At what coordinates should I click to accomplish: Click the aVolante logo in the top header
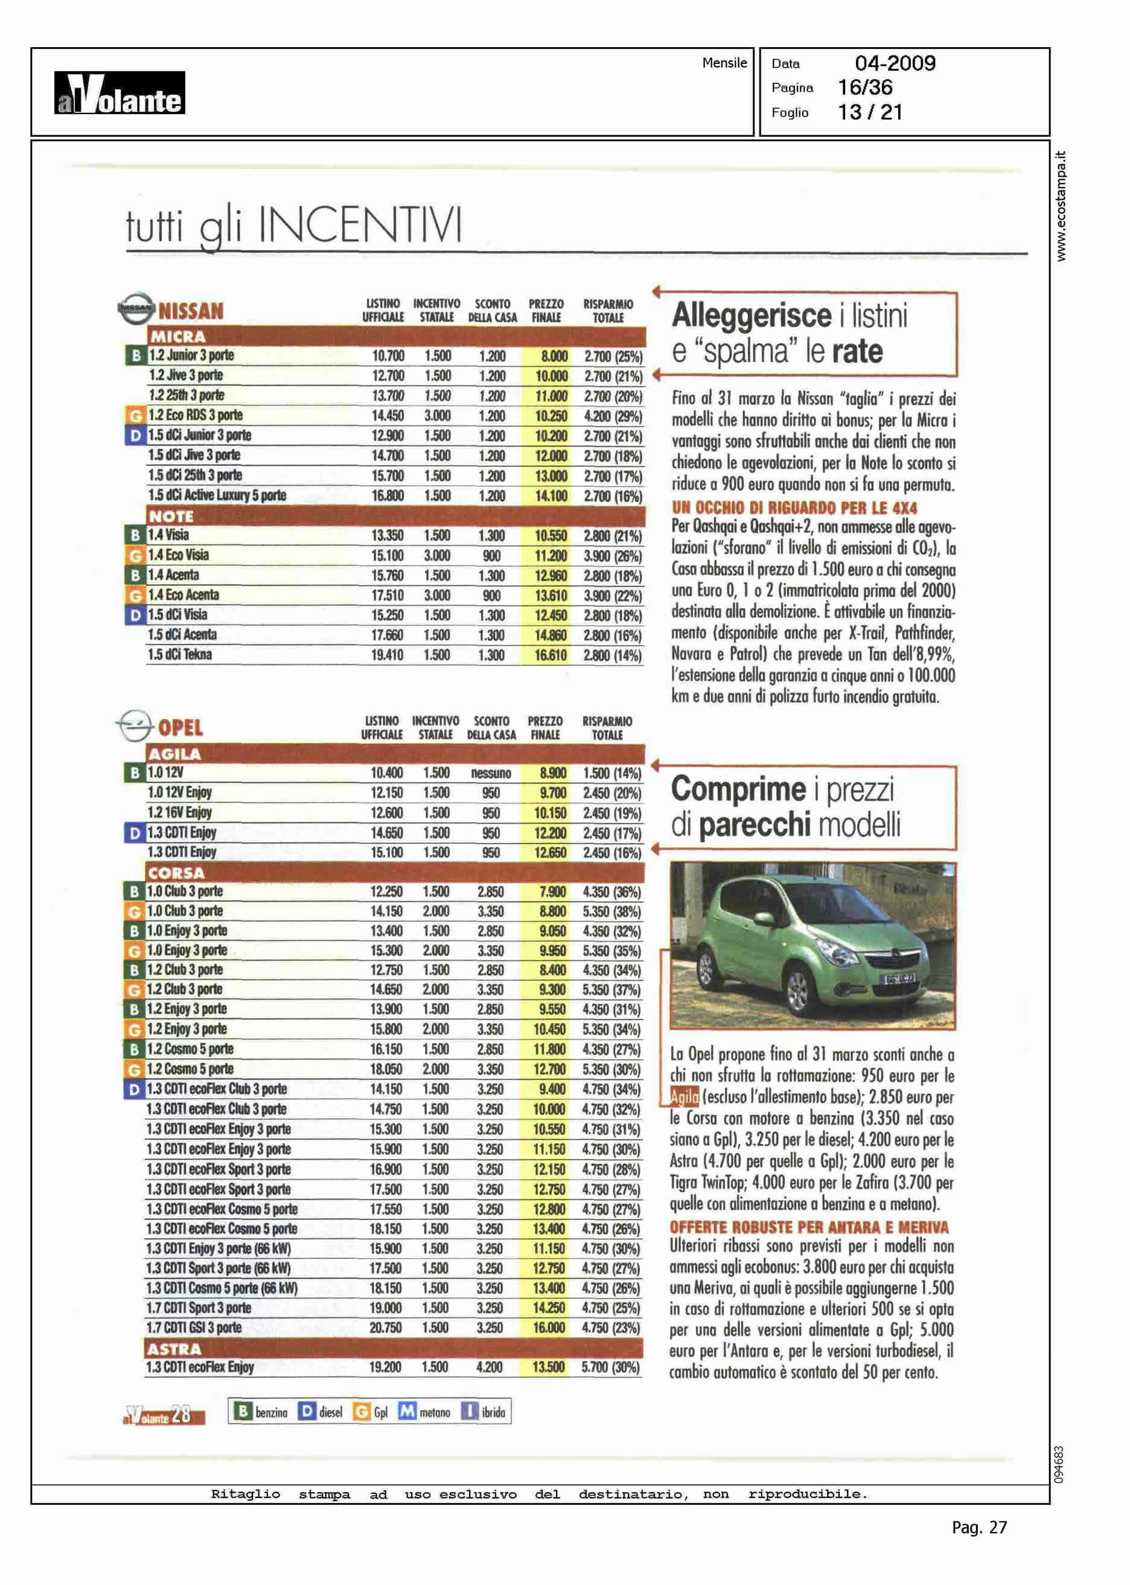(x=120, y=93)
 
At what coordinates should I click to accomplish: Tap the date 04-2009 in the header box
(x=895, y=63)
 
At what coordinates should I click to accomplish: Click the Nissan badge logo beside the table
(x=136, y=308)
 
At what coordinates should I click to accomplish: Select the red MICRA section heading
(x=177, y=337)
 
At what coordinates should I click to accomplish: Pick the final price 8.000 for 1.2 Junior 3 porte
(x=554, y=356)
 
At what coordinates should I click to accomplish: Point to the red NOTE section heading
(x=170, y=516)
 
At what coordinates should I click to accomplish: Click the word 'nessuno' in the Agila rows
(x=491, y=773)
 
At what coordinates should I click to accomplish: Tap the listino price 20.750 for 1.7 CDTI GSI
(x=386, y=1327)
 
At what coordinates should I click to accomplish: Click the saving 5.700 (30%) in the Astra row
(x=610, y=1367)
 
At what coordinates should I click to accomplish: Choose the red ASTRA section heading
(x=174, y=1348)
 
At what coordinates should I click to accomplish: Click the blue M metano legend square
(x=407, y=1411)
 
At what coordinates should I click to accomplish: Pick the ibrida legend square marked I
(x=470, y=1411)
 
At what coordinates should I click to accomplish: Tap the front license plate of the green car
(x=899, y=979)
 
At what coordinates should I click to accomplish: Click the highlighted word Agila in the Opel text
(x=683, y=1097)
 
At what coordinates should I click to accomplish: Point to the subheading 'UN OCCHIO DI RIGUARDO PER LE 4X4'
(x=794, y=507)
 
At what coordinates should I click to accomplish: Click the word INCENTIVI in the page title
(x=360, y=225)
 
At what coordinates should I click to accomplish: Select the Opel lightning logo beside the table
(x=134, y=725)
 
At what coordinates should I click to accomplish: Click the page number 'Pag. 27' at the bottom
(x=978, y=1526)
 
